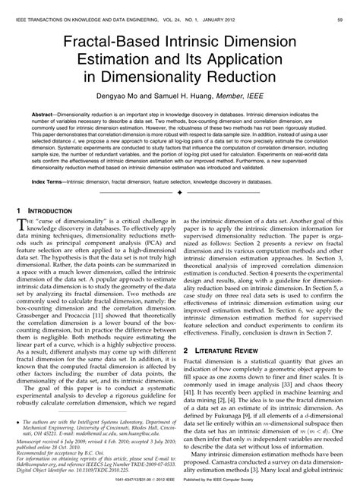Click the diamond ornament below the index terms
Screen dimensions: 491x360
pos(179,194)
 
